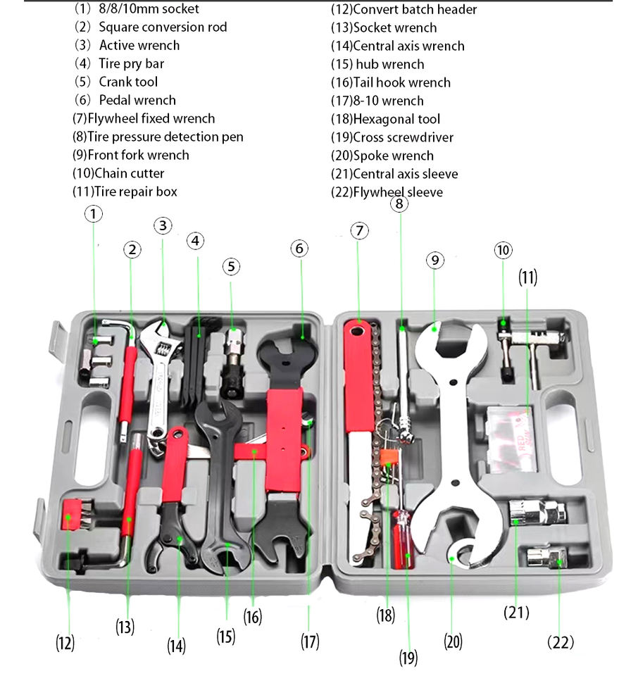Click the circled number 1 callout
(x=94, y=213)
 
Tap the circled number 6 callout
(x=300, y=249)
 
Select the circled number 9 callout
(x=435, y=260)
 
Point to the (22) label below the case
(x=561, y=641)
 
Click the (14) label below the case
(x=177, y=645)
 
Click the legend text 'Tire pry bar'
(x=131, y=63)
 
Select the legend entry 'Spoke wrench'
(x=393, y=156)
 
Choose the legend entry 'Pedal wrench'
(x=137, y=100)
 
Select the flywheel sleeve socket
(x=546, y=558)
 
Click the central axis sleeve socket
(x=535, y=512)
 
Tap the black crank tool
(x=232, y=366)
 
